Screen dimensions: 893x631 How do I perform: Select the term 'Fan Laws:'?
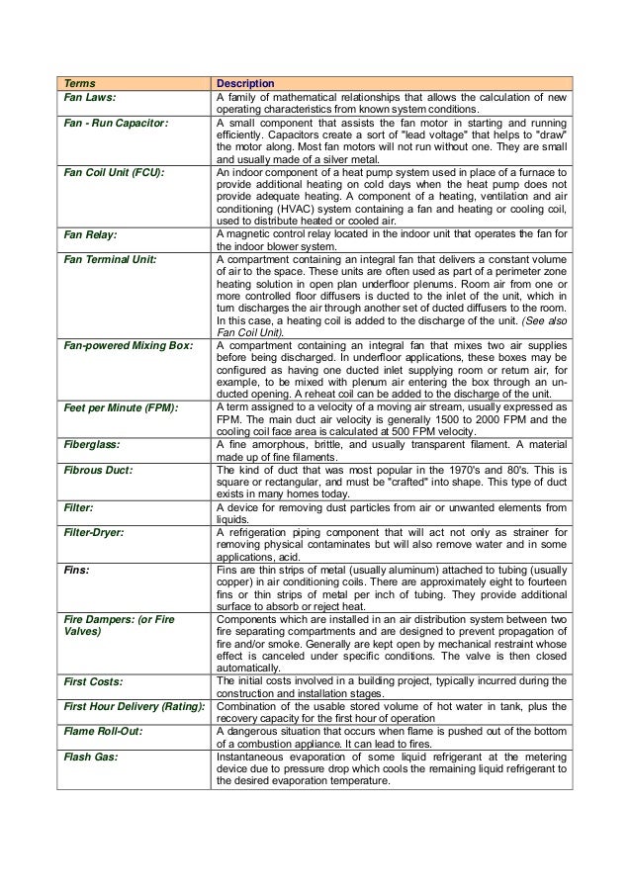(90, 98)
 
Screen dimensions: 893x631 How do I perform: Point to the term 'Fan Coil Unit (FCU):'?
(114, 172)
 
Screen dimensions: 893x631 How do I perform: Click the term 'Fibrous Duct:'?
(97, 469)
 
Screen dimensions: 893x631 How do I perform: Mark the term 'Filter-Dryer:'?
(96, 531)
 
